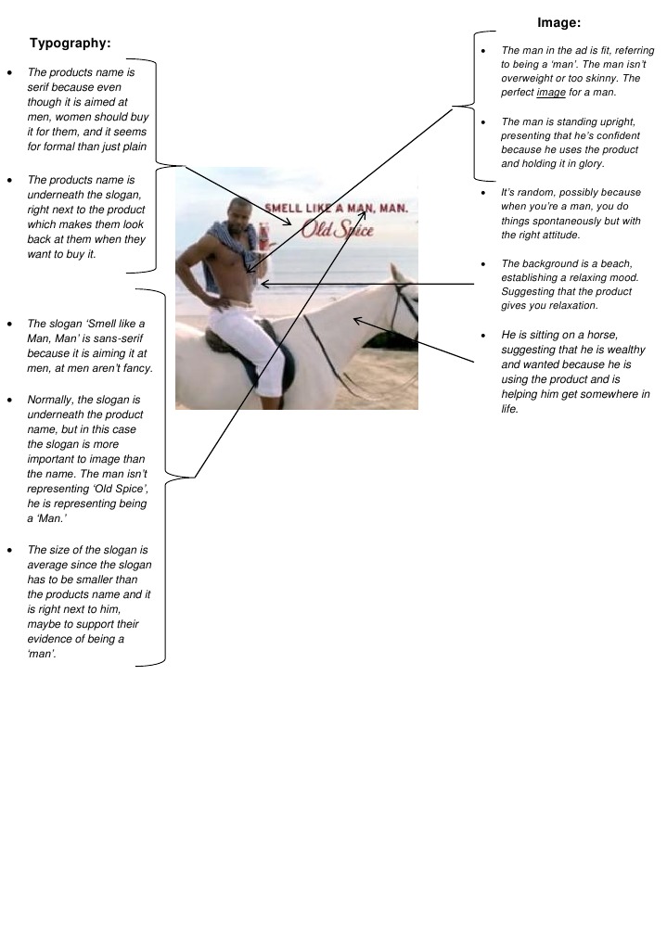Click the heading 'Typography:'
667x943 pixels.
click(x=71, y=43)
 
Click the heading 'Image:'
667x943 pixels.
click(x=558, y=22)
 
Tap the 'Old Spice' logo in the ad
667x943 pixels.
click(x=338, y=228)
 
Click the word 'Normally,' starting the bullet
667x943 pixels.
click(x=52, y=399)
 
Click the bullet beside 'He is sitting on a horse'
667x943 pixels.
click(x=483, y=335)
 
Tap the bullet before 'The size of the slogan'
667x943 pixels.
click(x=9, y=550)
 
